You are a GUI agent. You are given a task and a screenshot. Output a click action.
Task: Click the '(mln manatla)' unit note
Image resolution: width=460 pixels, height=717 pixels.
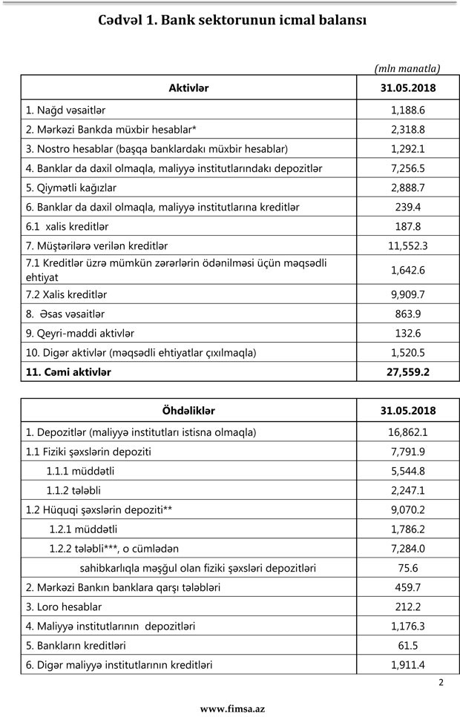(407, 69)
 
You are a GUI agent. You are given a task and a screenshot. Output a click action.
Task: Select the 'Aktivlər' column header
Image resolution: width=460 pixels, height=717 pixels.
(188, 88)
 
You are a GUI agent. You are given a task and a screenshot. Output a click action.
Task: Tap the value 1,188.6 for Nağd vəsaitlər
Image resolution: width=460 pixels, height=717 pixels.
(407, 110)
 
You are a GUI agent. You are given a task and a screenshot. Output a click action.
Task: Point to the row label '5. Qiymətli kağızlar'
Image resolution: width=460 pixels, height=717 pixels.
(71, 187)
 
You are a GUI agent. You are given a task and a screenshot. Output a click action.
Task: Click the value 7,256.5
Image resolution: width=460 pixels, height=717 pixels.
(407, 168)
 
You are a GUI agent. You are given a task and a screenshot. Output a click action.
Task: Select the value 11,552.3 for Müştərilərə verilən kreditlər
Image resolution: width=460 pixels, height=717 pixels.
(407, 245)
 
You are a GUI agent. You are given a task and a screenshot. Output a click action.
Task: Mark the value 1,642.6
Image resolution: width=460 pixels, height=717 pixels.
(407, 270)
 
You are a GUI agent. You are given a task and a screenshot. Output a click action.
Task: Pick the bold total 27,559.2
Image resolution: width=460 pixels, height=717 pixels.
(407, 372)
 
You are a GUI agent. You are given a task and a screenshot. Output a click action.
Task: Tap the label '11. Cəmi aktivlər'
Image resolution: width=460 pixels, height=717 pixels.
(68, 372)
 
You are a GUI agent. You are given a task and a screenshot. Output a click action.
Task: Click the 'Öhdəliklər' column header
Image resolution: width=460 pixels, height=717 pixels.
(188, 411)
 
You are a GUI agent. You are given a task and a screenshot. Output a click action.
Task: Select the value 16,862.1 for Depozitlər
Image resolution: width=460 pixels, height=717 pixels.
(407, 432)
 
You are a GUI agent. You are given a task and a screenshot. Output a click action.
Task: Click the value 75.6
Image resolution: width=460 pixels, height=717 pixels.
(407, 568)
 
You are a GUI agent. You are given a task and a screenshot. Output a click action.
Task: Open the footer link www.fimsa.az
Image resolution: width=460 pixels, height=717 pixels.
(232, 709)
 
